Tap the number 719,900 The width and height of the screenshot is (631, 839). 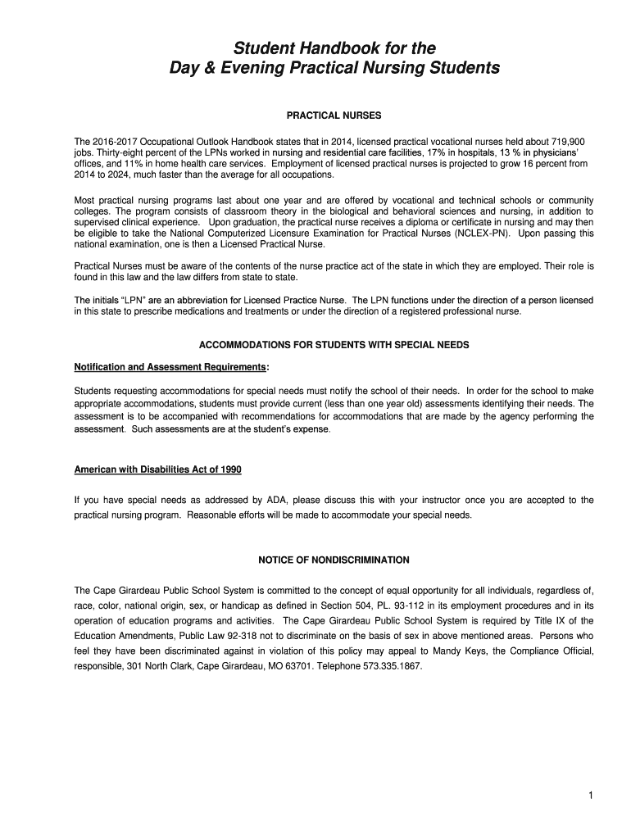573,141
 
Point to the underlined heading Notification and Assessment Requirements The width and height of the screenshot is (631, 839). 170,366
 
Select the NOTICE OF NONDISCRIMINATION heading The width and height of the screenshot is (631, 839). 334,560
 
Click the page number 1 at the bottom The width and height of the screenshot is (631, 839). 589,795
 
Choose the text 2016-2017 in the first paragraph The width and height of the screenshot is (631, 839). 116,141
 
